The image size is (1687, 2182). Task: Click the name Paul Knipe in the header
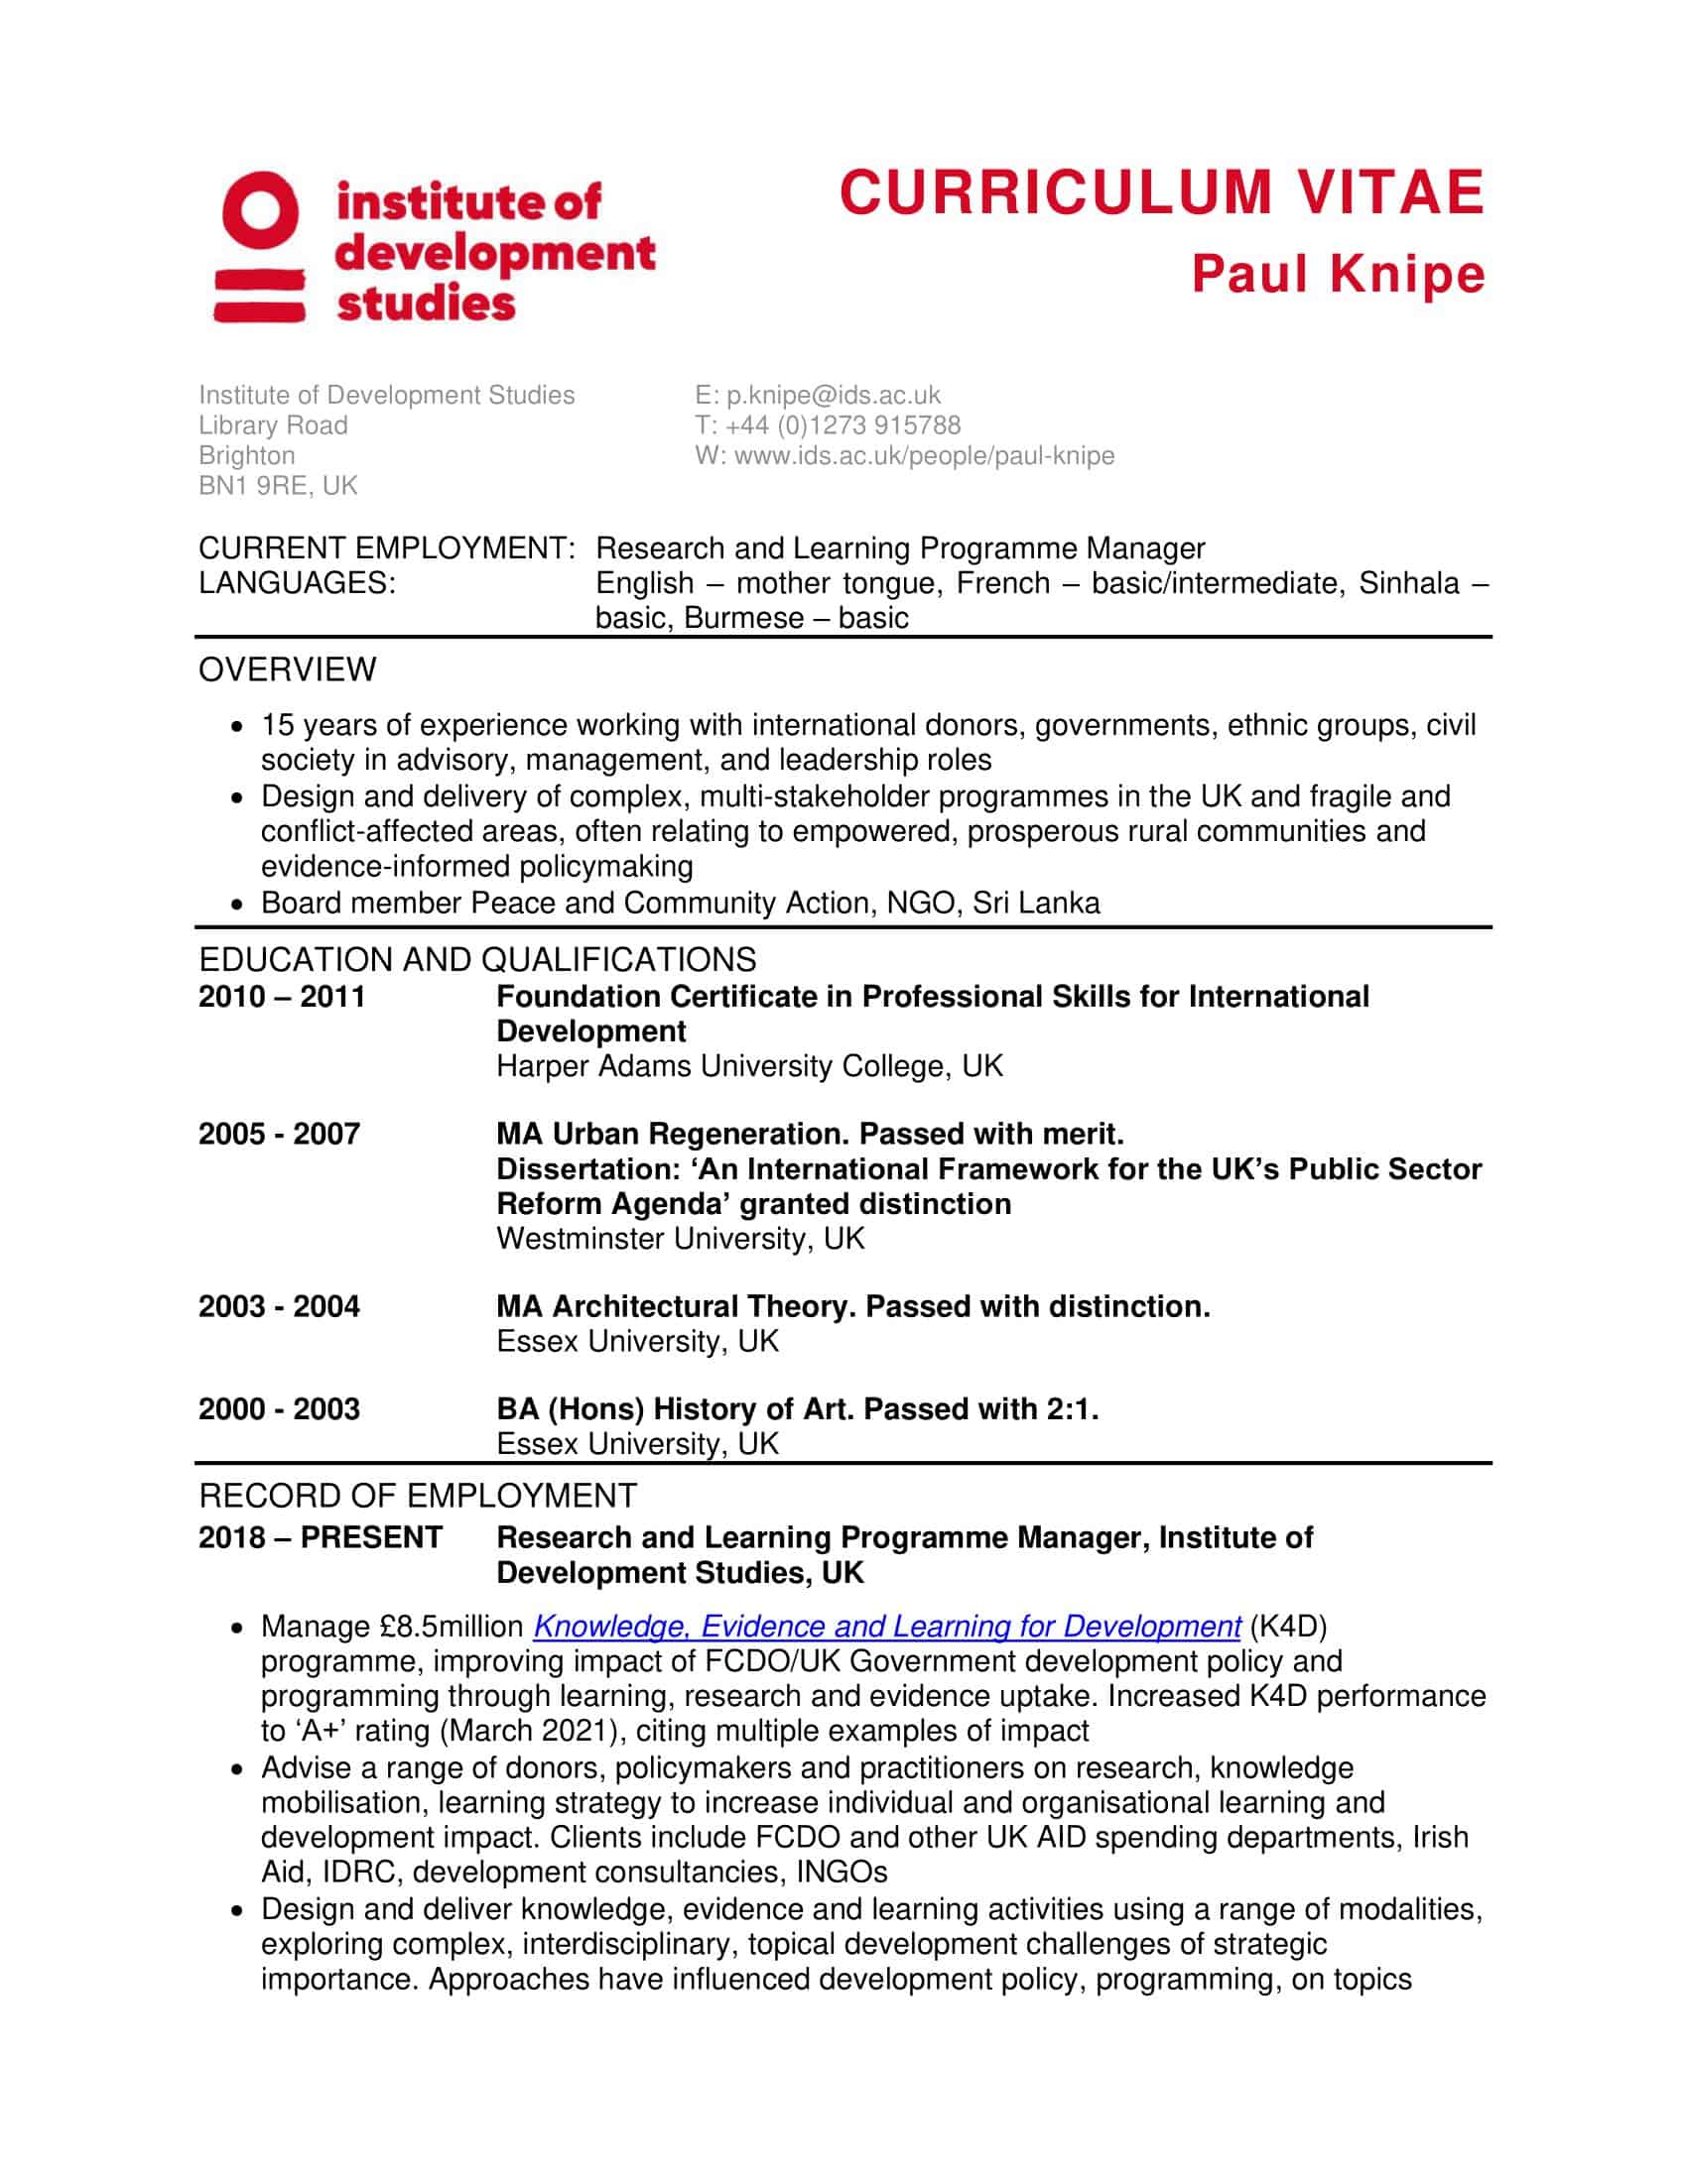[1339, 275]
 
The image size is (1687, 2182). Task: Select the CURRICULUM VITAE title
[1161, 192]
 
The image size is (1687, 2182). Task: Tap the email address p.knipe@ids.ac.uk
[834, 396]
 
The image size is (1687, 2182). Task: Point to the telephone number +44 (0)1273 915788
[843, 425]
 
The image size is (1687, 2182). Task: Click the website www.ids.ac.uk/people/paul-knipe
[924, 455]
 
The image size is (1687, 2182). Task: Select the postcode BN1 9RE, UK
[278, 486]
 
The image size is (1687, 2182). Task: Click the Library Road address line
[273, 425]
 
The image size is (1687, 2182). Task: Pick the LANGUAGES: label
[297, 583]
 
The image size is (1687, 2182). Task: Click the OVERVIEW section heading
[287, 669]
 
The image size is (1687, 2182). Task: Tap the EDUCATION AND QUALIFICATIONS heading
[476, 960]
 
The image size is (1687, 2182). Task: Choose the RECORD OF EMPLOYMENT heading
[417, 1497]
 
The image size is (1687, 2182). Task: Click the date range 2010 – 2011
[282, 997]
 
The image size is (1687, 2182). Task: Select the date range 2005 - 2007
[279, 1134]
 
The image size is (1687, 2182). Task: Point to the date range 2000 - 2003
[279, 1408]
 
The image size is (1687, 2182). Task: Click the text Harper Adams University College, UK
[748, 1066]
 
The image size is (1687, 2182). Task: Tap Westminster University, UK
[680, 1239]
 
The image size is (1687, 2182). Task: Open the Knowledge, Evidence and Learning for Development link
[886, 1627]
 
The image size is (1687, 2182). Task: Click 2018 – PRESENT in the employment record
[320, 1537]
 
